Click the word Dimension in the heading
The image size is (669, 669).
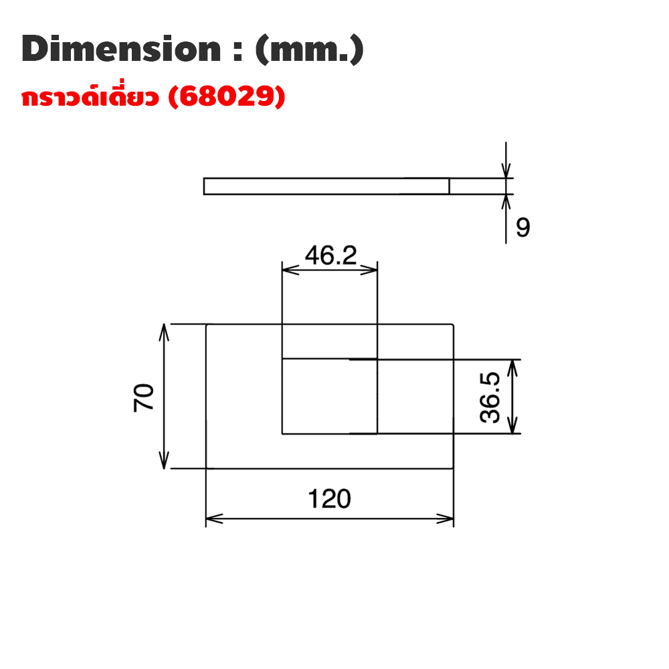121,49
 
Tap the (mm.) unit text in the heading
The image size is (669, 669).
310,50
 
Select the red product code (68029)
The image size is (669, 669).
227,96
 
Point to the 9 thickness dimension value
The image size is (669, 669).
522,227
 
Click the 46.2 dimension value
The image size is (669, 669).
330,255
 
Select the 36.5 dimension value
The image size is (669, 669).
490,397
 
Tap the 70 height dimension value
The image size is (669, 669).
144,397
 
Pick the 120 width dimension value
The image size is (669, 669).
329,499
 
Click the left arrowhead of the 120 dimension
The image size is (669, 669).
214,519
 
